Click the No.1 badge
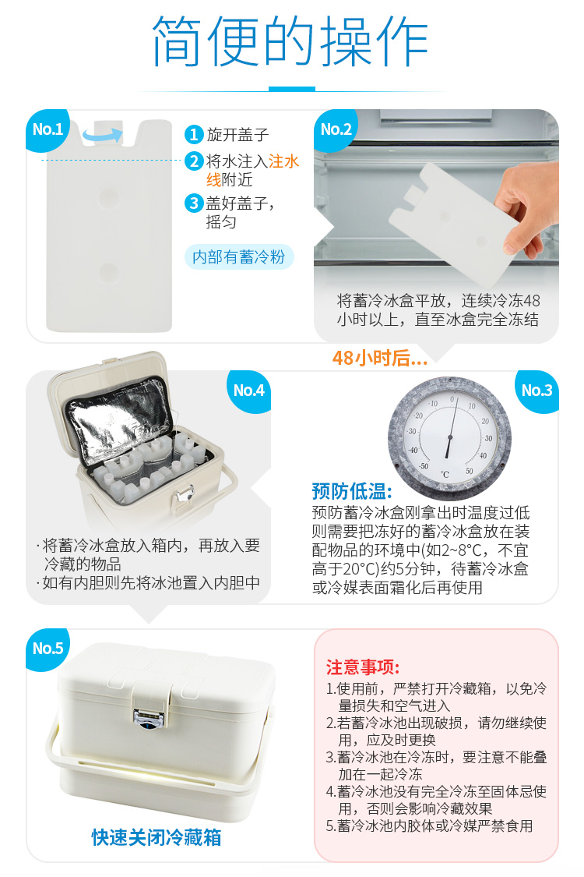click(47, 129)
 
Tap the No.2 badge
click(336, 129)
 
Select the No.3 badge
click(537, 391)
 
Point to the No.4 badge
click(248, 391)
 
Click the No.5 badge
click(47, 649)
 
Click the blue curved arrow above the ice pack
click(103, 135)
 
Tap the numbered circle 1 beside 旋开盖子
click(193, 135)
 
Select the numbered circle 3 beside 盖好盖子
click(193, 203)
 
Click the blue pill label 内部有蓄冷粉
click(238, 257)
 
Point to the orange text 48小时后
click(380, 358)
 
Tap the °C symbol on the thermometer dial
click(445, 475)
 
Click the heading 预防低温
click(351, 492)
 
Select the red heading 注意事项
click(363, 667)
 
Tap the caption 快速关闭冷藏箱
click(157, 837)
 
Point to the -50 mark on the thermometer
click(424, 466)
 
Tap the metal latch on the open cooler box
click(183, 497)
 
